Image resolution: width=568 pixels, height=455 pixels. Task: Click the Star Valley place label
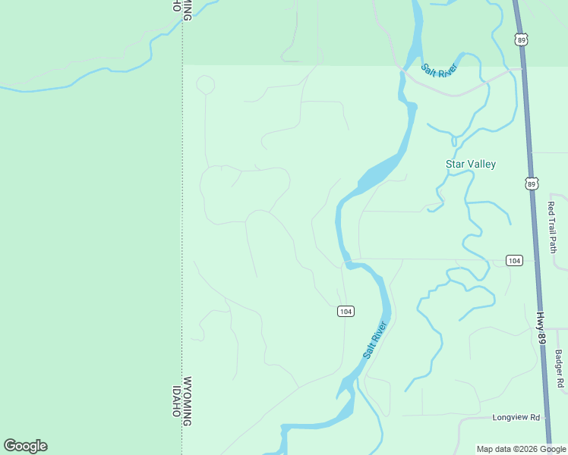[470, 164]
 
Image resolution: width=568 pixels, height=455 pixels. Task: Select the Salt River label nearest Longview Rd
[375, 340]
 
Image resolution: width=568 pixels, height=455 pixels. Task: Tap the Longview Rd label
[516, 418]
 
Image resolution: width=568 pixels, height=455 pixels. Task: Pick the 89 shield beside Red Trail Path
[532, 184]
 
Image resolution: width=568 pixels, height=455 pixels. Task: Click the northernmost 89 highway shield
[520, 39]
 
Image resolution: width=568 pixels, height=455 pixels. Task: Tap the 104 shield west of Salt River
[346, 312]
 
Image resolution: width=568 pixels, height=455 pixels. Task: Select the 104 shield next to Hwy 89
[514, 261]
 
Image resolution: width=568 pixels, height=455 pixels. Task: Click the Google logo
[25, 446]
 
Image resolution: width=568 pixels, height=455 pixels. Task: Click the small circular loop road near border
[205, 84]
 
